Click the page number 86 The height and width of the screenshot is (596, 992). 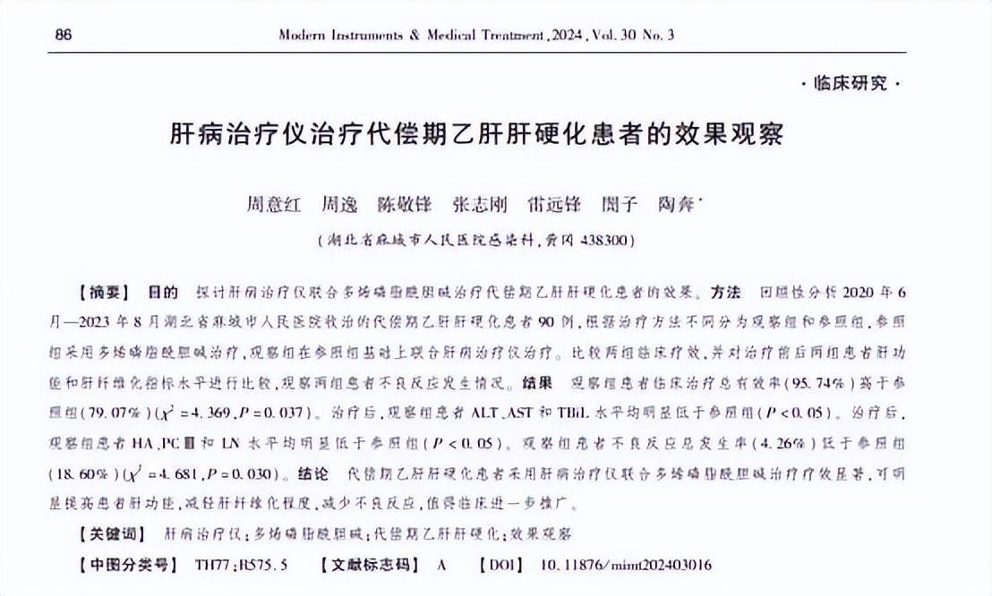[x=64, y=34]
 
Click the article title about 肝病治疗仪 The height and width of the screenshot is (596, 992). [x=476, y=134]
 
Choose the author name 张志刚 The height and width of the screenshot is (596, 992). [x=479, y=204]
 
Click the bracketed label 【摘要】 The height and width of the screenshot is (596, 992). [x=106, y=293]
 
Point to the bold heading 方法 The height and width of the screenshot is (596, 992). [x=726, y=293]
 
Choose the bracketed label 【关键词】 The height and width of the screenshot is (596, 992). [x=112, y=533]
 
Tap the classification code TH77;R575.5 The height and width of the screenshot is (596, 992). [x=241, y=566]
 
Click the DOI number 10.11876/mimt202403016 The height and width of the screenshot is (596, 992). [x=626, y=566]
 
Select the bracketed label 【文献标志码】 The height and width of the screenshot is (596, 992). [x=370, y=566]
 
